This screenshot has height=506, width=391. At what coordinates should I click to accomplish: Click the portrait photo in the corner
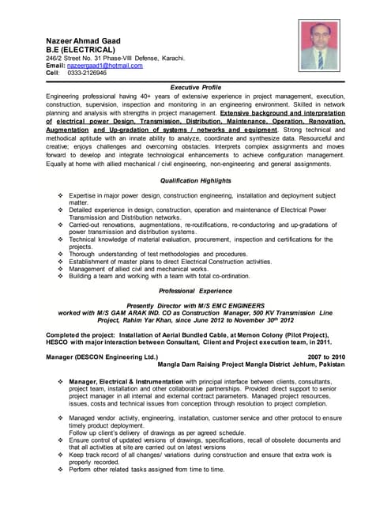(x=321, y=44)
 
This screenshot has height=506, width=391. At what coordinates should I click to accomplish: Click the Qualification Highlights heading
(x=196, y=180)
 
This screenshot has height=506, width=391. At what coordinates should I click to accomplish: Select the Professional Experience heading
(x=196, y=290)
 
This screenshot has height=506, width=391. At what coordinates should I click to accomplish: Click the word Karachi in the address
(x=171, y=57)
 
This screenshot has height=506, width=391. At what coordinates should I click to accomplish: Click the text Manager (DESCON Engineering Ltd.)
(x=103, y=357)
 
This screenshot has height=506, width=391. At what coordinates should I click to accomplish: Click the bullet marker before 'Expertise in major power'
(x=62, y=194)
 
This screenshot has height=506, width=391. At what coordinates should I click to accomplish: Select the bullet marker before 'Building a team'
(x=62, y=277)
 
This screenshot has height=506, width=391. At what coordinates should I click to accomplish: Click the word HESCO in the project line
(x=58, y=342)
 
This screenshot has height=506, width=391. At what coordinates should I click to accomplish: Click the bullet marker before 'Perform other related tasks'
(x=62, y=470)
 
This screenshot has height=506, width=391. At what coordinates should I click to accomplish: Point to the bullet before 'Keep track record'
(x=62, y=455)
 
